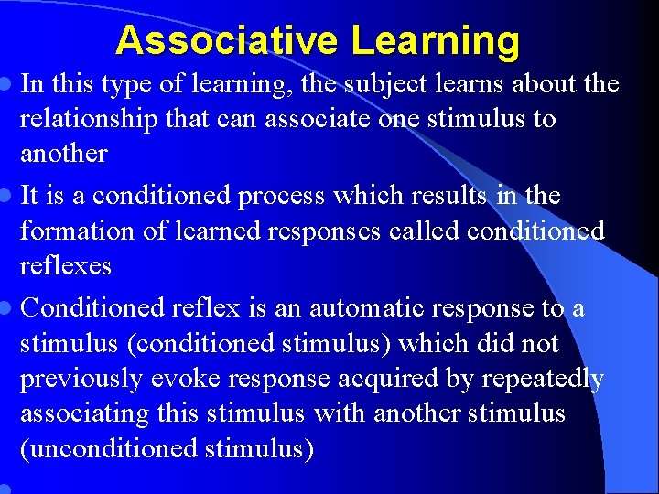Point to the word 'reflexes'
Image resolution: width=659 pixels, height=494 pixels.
66,266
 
